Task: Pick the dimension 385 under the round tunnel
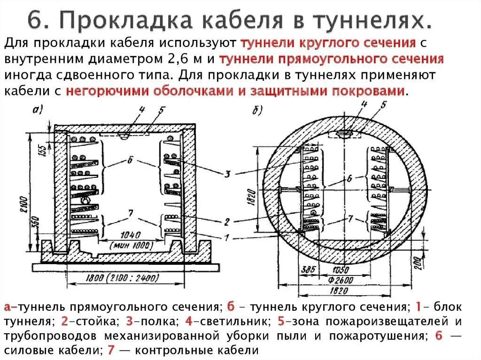[x=309, y=271]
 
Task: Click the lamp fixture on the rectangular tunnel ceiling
[x=124, y=135]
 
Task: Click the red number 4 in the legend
[x=188, y=322]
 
